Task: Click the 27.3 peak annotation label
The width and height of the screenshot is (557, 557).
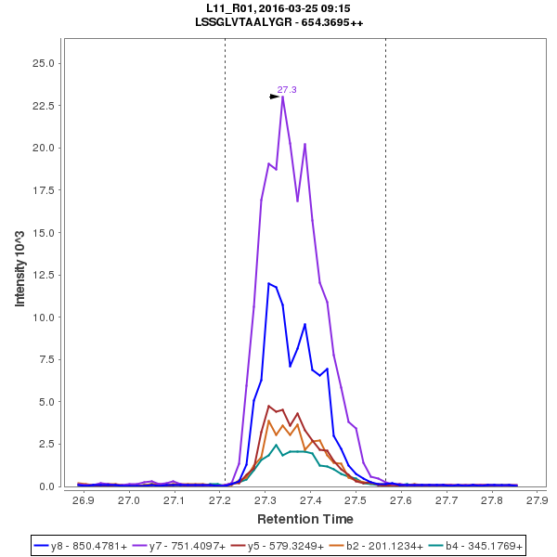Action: click(287, 90)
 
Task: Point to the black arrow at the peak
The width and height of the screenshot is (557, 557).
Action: click(275, 97)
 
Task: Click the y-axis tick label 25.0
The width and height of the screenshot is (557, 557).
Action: click(44, 63)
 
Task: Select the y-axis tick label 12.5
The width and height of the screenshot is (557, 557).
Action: click(44, 275)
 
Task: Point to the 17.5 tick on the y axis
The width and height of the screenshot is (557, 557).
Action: click(44, 190)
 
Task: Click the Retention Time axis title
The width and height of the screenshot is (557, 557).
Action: click(304, 518)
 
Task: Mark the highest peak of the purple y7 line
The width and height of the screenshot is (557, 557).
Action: click(282, 97)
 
